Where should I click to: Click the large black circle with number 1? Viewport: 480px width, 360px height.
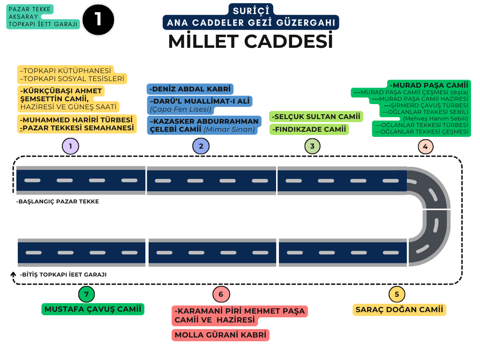(98, 19)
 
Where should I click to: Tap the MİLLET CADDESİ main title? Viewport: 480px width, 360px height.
(250, 41)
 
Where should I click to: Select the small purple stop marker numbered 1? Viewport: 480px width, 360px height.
(70, 146)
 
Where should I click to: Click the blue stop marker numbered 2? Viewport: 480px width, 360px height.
(201, 146)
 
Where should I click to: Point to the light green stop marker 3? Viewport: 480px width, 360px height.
(312, 146)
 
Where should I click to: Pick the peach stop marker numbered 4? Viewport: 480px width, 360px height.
(425, 146)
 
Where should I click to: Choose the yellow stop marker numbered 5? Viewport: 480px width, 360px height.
(397, 294)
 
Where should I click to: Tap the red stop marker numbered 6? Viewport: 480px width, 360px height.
(221, 294)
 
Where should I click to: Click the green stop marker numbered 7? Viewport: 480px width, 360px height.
(86, 294)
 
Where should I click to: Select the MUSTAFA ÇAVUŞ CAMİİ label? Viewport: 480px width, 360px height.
(93, 309)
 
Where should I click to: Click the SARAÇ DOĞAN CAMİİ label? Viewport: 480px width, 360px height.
(399, 309)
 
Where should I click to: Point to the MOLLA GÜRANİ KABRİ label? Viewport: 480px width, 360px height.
(220, 335)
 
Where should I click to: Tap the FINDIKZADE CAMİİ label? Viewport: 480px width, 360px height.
(309, 129)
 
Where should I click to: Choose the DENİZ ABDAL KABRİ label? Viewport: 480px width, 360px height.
(190, 89)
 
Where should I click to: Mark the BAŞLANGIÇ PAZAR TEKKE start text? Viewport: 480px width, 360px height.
(58, 202)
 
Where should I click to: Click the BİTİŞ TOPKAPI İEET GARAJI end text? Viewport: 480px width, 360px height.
(63, 275)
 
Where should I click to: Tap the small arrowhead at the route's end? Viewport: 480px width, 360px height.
(13, 273)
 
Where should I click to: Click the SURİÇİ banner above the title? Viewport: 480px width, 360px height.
(251, 10)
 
